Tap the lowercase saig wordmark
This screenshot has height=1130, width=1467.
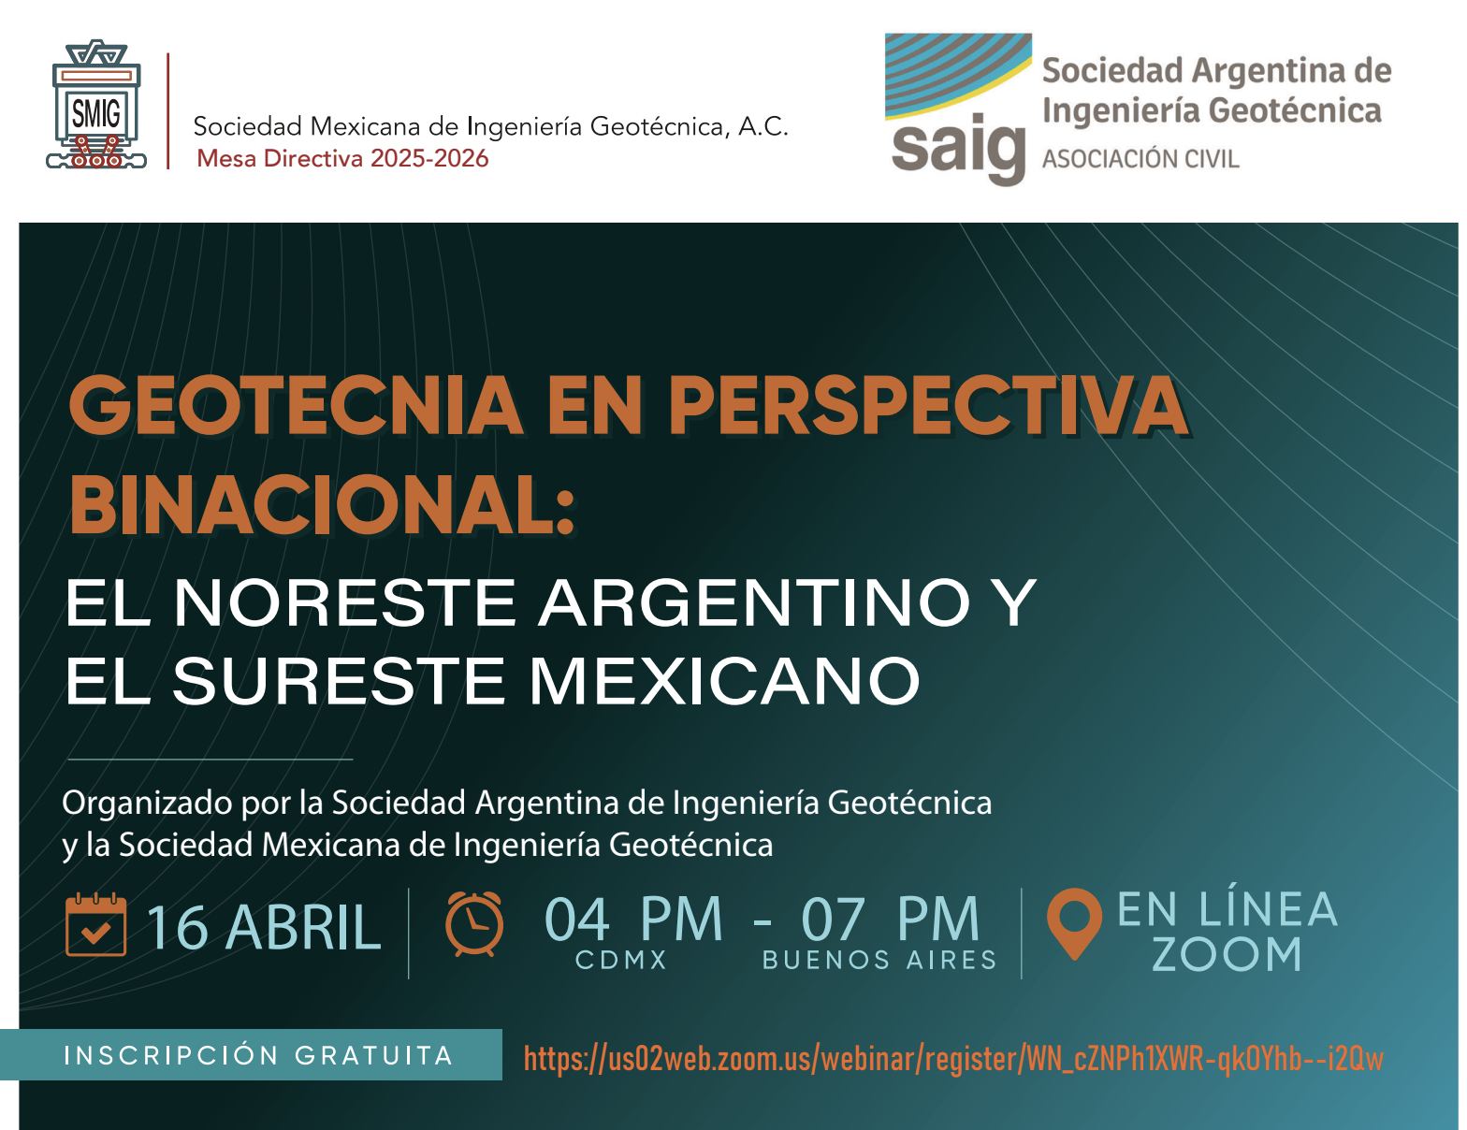click(958, 150)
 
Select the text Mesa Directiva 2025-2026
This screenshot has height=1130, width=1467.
click(342, 158)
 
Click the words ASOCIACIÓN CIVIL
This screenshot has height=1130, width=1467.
click(1140, 159)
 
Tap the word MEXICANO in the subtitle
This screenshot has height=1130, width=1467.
click(725, 680)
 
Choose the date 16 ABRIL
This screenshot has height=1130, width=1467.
click(263, 928)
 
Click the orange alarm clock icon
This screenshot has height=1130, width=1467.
click(474, 924)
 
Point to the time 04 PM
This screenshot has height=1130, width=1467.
click(633, 919)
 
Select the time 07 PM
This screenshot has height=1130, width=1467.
click(890, 919)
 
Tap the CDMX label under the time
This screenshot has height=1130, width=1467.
click(621, 961)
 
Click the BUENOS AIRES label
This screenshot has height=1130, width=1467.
click(879, 961)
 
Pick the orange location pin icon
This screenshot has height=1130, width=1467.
click(1073, 922)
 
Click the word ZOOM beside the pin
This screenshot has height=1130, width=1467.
click(1227, 955)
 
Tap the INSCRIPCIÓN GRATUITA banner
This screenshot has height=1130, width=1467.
click(258, 1055)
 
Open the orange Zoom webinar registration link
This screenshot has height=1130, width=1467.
click(952, 1059)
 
